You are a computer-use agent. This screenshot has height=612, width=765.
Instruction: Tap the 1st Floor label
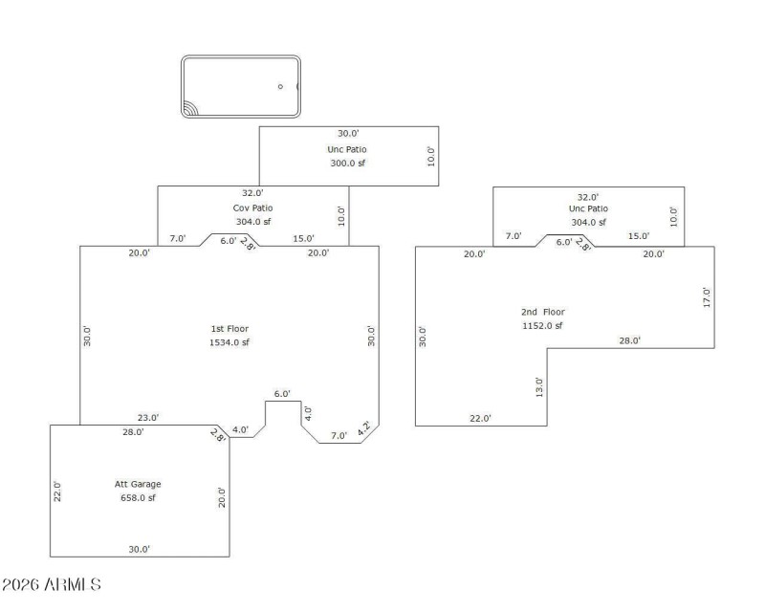(229, 328)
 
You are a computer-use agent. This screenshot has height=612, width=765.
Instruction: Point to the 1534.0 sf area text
(229, 342)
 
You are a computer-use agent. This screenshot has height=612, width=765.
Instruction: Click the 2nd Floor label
(542, 312)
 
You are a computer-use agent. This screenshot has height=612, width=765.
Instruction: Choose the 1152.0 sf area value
(542, 326)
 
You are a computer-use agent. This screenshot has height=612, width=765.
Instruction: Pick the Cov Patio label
(253, 208)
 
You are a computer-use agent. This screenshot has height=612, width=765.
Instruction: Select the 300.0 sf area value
(347, 164)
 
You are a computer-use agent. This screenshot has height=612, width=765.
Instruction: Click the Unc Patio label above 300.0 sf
(346, 149)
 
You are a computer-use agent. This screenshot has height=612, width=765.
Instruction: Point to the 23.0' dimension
(148, 417)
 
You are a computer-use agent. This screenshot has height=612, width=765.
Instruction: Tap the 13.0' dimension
(539, 387)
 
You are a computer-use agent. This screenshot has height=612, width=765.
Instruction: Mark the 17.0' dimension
(707, 296)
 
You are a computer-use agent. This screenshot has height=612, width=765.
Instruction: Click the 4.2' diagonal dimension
(363, 430)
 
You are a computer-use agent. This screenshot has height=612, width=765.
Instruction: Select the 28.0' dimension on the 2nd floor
(629, 340)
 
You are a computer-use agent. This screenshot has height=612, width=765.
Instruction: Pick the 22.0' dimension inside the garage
(57, 492)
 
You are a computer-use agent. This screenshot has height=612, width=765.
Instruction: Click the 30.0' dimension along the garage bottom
(139, 549)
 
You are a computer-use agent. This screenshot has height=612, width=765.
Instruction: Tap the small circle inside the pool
(280, 87)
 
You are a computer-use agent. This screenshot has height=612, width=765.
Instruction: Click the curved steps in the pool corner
(191, 107)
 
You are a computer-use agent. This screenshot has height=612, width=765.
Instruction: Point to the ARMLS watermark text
(53, 583)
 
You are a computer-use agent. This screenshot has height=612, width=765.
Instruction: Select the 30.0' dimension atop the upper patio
(347, 133)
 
